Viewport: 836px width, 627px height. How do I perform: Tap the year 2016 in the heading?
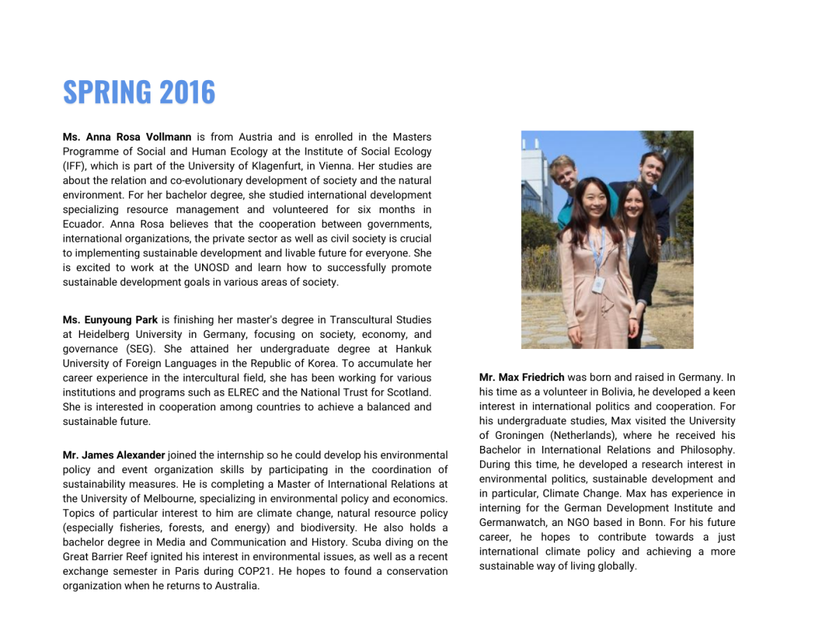click(x=187, y=93)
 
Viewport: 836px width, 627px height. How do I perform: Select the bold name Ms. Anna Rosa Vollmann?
click(x=127, y=137)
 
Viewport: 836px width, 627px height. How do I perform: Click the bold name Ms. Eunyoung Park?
click(x=110, y=320)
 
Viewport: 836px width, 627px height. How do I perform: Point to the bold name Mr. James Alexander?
click(x=114, y=455)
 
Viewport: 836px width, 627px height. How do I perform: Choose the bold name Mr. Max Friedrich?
click(x=522, y=378)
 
